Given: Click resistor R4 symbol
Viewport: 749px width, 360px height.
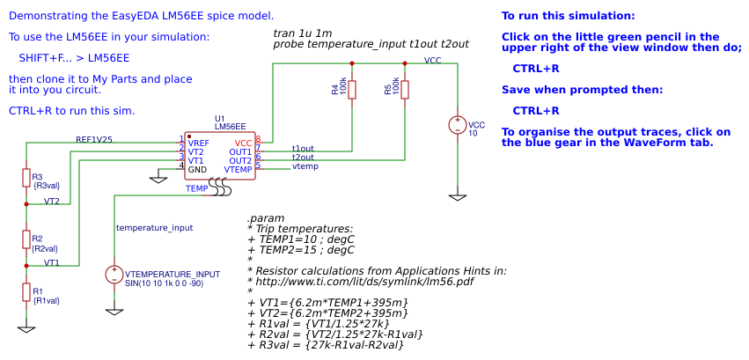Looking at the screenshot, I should pos(352,90).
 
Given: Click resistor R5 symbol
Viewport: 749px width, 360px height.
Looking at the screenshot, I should pos(405,90).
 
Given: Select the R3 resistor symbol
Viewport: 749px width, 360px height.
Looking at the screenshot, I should pos(26,178).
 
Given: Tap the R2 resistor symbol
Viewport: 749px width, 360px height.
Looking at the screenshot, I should pos(26,239).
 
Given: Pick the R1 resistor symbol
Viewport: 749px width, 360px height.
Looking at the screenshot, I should pos(26,292).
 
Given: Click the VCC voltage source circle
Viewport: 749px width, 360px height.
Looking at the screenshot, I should pos(458,125).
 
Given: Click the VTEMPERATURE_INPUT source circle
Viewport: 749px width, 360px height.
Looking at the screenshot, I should pos(114,275).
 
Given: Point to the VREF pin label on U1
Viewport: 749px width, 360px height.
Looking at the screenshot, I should pos(198,143).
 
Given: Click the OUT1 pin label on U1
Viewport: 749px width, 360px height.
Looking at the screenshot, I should pos(240,151).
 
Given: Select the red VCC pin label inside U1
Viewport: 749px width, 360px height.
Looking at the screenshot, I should pos(243,143).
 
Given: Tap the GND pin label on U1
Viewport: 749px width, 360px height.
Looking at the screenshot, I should pos(197,169).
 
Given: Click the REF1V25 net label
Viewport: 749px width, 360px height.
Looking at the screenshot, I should pos(93,139).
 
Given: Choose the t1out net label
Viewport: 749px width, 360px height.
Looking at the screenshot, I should pos(303,148).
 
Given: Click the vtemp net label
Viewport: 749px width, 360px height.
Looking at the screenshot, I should pos(305,165).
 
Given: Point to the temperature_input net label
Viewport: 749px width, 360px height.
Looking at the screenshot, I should pos(154,227).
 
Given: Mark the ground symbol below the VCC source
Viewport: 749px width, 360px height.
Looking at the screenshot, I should pos(458,197).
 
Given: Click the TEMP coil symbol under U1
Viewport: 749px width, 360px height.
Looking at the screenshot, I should pos(220,188).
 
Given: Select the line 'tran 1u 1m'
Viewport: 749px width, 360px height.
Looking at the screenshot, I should pos(303,33).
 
